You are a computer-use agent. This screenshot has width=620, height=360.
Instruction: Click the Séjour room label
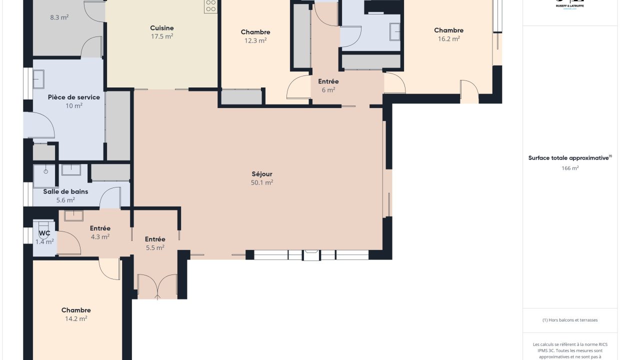[x=262, y=174]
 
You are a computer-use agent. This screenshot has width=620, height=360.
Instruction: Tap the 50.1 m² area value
[x=262, y=182]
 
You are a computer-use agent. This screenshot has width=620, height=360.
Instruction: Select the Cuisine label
[x=162, y=28]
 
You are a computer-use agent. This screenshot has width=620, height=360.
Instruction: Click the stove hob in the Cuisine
[x=210, y=6]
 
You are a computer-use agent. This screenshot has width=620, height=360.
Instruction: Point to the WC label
[x=44, y=233]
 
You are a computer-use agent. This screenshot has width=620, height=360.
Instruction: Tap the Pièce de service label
[x=74, y=97]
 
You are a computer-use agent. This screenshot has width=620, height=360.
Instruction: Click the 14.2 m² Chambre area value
[x=76, y=318]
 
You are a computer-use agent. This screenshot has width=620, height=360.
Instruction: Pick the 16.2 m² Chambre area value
[x=448, y=38]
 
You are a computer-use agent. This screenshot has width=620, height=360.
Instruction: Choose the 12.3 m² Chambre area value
[x=255, y=40]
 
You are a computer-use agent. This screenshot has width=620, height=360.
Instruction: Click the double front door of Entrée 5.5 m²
[x=157, y=287]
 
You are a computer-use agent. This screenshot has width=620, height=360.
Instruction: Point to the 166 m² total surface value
[x=570, y=168]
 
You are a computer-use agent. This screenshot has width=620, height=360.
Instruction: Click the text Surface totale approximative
[x=569, y=158]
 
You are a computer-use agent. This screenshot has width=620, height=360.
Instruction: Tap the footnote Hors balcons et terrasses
[x=570, y=320]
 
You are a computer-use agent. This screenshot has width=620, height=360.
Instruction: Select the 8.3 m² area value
[x=59, y=17]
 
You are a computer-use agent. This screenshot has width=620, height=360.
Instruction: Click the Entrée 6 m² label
[x=328, y=81]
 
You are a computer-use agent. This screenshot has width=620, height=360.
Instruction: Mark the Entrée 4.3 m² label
[x=100, y=228]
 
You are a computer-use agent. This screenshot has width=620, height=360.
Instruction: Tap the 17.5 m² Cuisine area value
[x=162, y=36]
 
